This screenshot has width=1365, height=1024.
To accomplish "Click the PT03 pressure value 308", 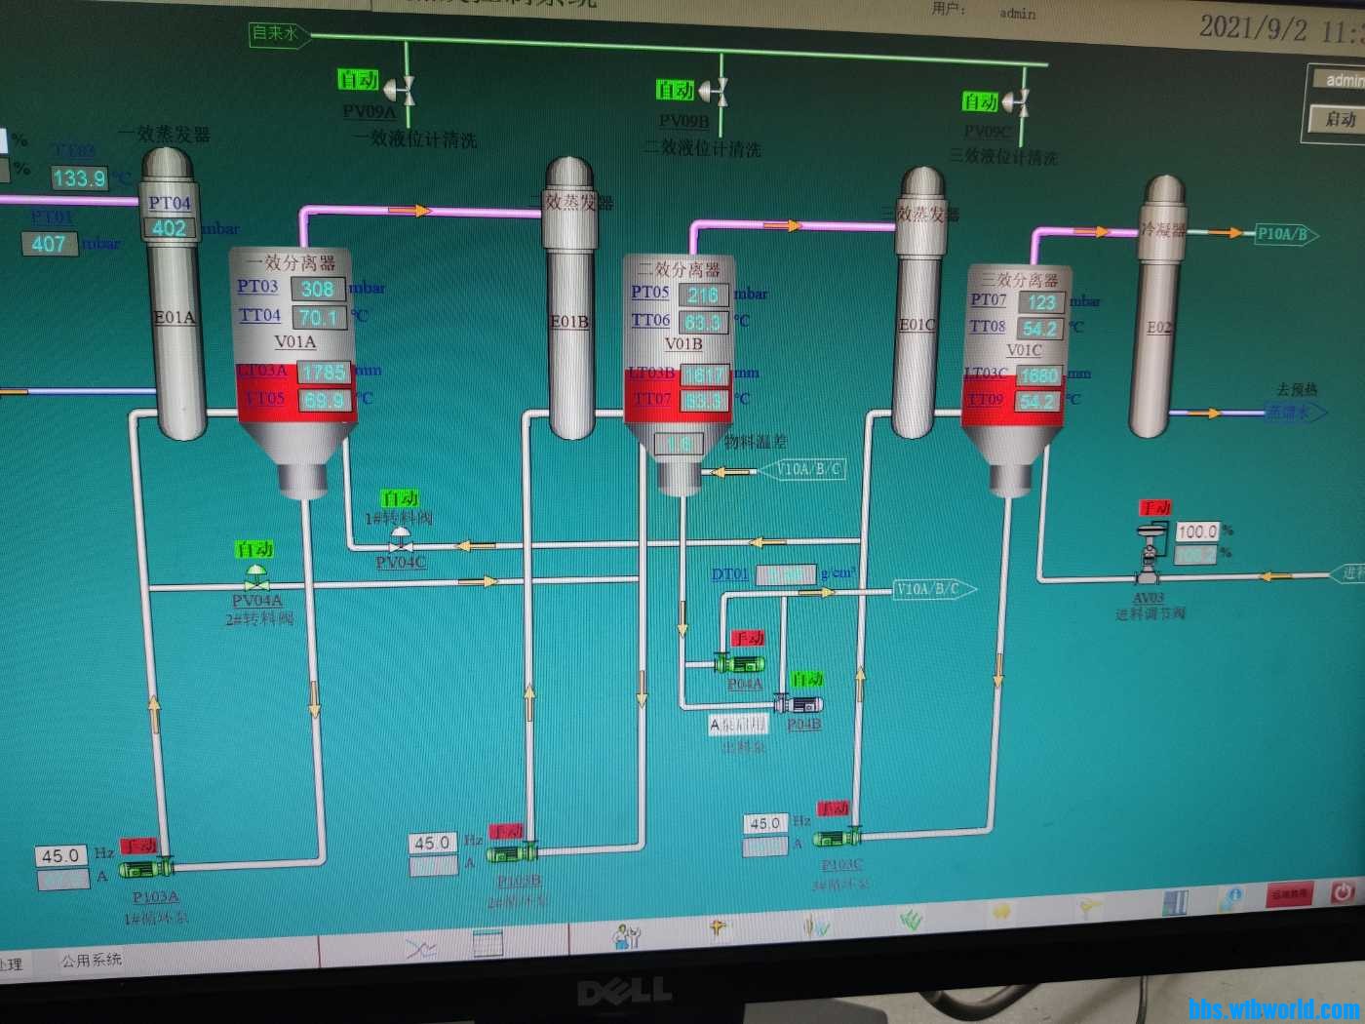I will (x=317, y=289).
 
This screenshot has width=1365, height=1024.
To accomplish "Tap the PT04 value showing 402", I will (x=169, y=228).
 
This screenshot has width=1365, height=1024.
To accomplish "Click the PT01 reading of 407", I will (x=49, y=244).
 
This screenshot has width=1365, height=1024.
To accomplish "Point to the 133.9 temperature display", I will (x=78, y=178).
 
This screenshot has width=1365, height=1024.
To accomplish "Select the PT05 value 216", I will (x=702, y=295).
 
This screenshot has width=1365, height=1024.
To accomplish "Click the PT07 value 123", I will (x=1040, y=302).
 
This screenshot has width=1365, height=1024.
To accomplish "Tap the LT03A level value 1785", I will (x=324, y=373).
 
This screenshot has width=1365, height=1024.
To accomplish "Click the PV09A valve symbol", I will (x=401, y=90).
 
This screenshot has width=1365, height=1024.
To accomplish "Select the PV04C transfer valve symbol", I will (x=400, y=540).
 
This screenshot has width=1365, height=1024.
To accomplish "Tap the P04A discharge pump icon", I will (x=739, y=663).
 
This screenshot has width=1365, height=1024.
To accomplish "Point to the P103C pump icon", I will (x=838, y=838).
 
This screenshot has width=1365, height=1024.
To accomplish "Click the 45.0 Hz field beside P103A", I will (x=60, y=855).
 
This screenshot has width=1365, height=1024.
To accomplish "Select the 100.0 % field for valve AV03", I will (x=1196, y=532).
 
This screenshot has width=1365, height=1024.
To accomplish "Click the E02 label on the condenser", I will (x=1158, y=327).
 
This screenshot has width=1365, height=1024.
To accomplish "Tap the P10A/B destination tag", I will (x=1283, y=234).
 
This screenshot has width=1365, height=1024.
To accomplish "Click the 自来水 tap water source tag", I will (x=276, y=34).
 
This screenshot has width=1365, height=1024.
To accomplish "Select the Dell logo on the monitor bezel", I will (x=623, y=993).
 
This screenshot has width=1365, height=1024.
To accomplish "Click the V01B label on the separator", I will (x=682, y=343).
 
